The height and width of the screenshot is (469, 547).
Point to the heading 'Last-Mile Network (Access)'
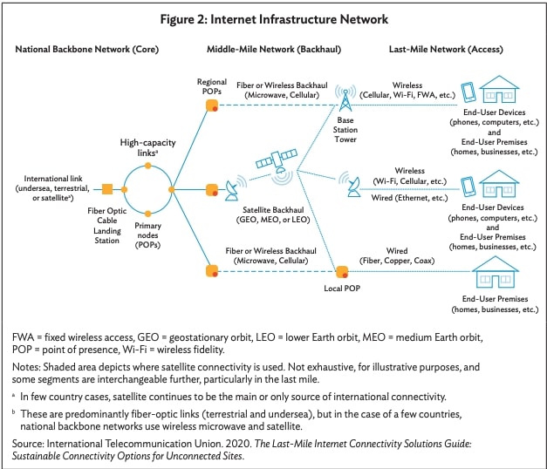[448, 50]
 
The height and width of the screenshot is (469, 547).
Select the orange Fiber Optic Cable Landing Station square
[107, 188]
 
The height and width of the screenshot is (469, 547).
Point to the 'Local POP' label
[341, 287]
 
